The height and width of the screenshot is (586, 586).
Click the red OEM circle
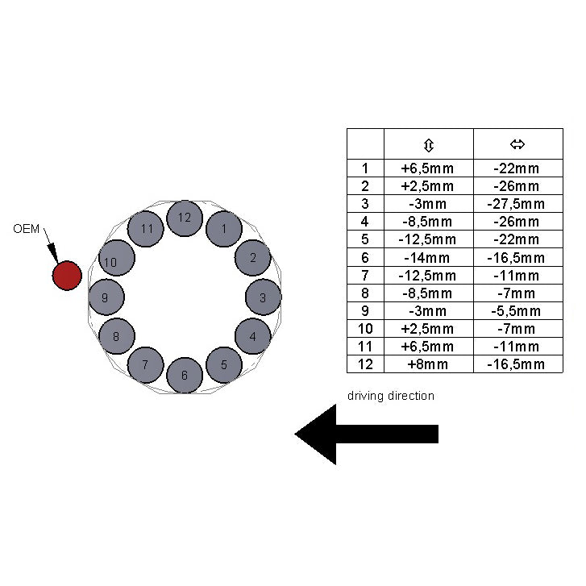(x=67, y=276)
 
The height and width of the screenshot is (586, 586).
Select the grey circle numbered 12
(x=185, y=218)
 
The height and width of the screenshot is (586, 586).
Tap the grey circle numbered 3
(x=263, y=297)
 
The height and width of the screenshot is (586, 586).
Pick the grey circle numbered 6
(x=185, y=376)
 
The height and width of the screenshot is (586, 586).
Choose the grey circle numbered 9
(x=106, y=297)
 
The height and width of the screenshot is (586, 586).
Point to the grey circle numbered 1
(x=224, y=229)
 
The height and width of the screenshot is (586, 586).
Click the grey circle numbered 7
(x=145, y=365)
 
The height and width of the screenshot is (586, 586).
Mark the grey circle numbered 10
(x=117, y=258)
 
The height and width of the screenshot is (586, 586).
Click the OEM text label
(x=26, y=229)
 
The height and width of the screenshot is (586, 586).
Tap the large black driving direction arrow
(x=366, y=434)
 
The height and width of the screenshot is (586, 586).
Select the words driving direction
(x=391, y=396)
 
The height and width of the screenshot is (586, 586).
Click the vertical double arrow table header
(x=429, y=145)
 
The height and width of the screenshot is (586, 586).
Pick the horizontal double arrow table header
(x=517, y=144)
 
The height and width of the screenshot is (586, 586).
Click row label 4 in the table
(x=365, y=222)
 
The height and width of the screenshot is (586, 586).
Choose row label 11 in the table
(x=365, y=347)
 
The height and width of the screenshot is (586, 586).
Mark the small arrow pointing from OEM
(x=51, y=245)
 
